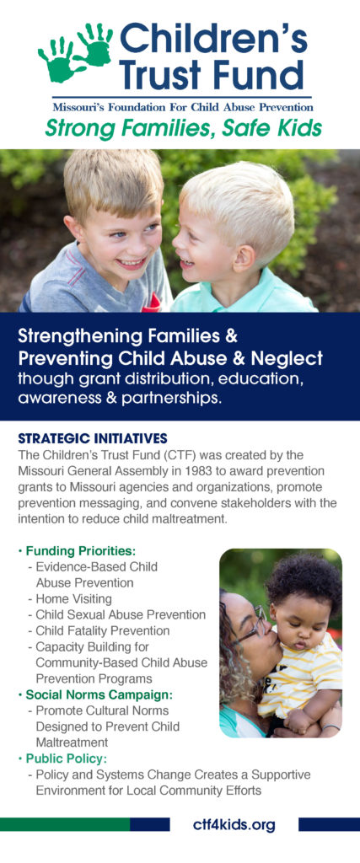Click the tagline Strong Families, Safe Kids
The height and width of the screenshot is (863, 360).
tap(183, 128)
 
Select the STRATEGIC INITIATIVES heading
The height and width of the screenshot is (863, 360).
tap(93, 438)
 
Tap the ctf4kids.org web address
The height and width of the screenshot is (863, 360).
tap(234, 825)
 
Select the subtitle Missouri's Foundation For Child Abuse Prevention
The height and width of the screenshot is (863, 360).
tap(183, 107)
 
